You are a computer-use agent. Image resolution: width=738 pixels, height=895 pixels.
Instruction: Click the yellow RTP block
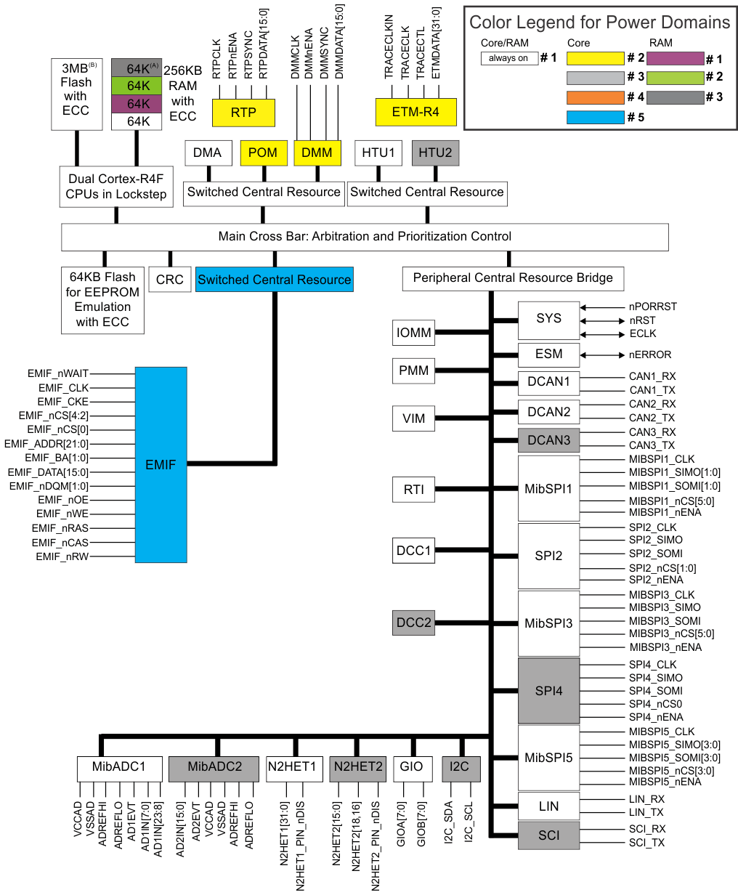[243, 113]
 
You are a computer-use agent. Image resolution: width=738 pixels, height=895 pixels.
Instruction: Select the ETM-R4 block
[415, 112]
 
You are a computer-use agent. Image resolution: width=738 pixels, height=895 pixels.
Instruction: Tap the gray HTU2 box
[435, 153]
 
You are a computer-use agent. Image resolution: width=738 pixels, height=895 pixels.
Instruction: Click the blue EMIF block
[161, 464]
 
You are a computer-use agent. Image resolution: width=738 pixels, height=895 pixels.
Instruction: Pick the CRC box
[170, 280]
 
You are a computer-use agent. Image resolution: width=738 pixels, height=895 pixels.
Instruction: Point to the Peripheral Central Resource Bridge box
[513, 278]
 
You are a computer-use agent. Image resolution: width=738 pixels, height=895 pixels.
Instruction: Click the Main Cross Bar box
[365, 237]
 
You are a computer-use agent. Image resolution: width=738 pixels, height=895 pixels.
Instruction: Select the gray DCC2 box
[413, 623]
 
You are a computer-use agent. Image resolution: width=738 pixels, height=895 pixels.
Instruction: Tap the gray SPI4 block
[548, 691]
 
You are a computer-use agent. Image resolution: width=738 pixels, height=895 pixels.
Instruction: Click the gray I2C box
[459, 768]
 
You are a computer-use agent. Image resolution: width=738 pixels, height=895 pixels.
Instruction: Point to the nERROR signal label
[650, 355]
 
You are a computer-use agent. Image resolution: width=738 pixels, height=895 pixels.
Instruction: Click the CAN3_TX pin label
[652, 445]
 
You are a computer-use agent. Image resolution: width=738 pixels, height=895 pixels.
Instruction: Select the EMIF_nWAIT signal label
[58, 373]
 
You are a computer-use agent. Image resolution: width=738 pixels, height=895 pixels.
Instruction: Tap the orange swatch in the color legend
[595, 97]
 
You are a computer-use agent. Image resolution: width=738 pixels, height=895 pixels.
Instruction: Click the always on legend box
[508, 58]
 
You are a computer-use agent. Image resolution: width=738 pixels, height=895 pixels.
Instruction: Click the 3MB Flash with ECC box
[76, 95]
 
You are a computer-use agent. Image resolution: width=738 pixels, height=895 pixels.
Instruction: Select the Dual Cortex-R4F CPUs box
[116, 187]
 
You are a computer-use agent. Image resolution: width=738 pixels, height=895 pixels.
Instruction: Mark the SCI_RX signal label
[647, 829]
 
